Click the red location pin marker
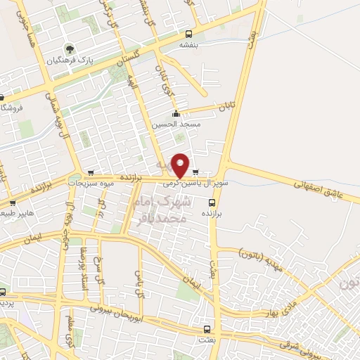pyautogui.click(x=181, y=165)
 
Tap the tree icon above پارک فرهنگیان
pyautogui.click(x=70, y=49)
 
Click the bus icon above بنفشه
pyautogui.click(x=188, y=34)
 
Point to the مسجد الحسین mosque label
pyautogui.click(x=181, y=124)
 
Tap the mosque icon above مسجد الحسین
pyautogui.click(x=176, y=114)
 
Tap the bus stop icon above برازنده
pyautogui.click(x=210, y=201)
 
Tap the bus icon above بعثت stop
pyautogui.click(x=206, y=329)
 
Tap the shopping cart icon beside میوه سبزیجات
pyautogui.click(x=91, y=172)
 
